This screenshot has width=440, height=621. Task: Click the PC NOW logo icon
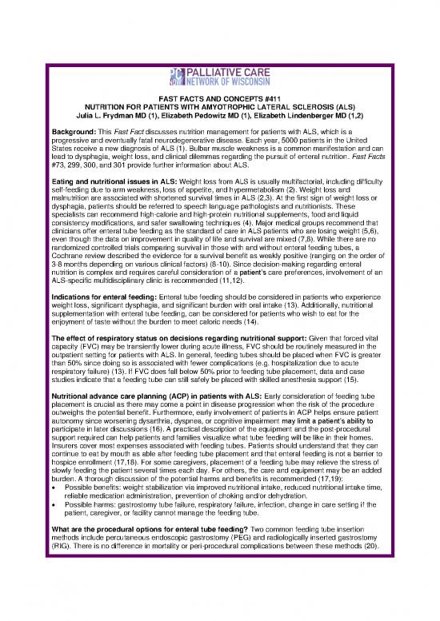(180, 74)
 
